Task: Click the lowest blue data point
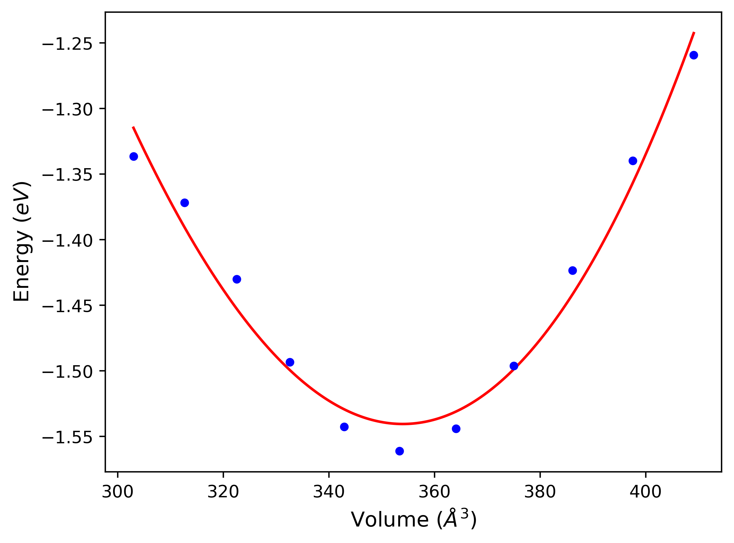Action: coord(400,451)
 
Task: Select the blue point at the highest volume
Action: coord(694,55)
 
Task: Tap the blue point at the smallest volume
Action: coord(134,156)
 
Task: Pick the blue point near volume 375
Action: coord(514,366)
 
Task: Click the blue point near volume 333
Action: coord(290,362)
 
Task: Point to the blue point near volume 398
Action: coord(633,161)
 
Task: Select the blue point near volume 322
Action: coord(237,279)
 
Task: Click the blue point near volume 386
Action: coord(573,270)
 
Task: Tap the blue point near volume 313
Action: coord(185,203)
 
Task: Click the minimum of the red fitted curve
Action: coord(403,424)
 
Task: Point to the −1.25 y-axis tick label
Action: coord(67,45)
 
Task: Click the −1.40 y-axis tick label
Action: coord(67,241)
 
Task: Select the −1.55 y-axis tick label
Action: coord(67,438)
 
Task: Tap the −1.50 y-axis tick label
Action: coord(67,372)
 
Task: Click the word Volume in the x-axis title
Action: coord(390,520)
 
